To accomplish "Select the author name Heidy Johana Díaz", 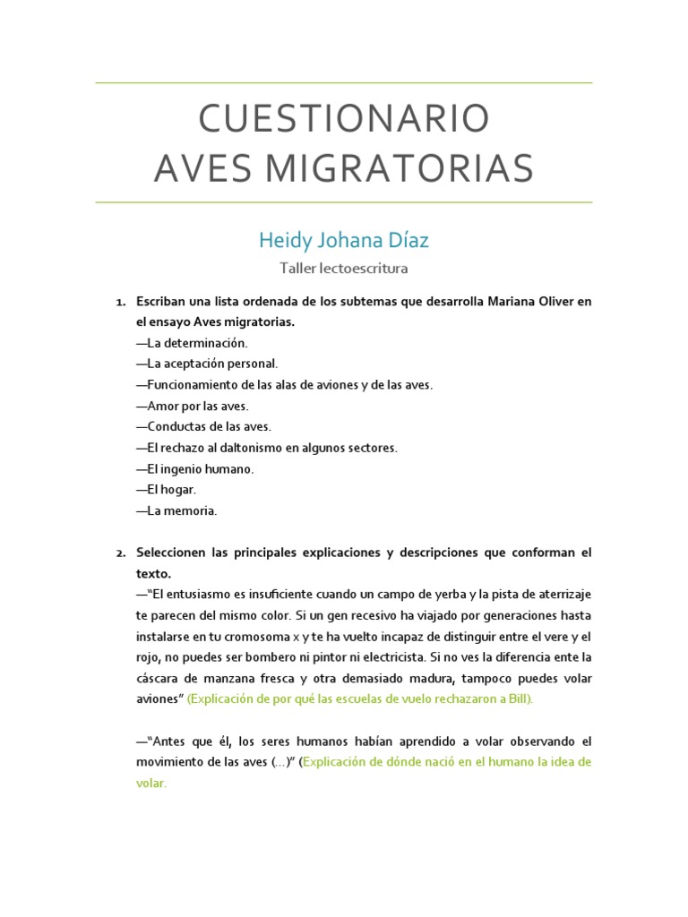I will (x=344, y=240).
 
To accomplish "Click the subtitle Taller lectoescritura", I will (x=344, y=268).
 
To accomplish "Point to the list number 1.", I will (x=120, y=302).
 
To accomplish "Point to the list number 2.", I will (x=120, y=553).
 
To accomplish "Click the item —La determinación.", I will (x=192, y=343).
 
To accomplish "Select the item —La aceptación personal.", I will (x=207, y=364).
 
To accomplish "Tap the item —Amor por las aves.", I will (x=192, y=406).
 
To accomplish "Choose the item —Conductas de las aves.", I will (x=203, y=426).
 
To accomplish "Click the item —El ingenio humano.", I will (x=195, y=468).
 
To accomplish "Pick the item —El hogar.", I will (x=166, y=490).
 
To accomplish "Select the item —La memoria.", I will (x=176, y=510).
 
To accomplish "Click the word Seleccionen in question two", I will (x=173, y=553).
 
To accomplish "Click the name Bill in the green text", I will (x=520, y=698).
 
